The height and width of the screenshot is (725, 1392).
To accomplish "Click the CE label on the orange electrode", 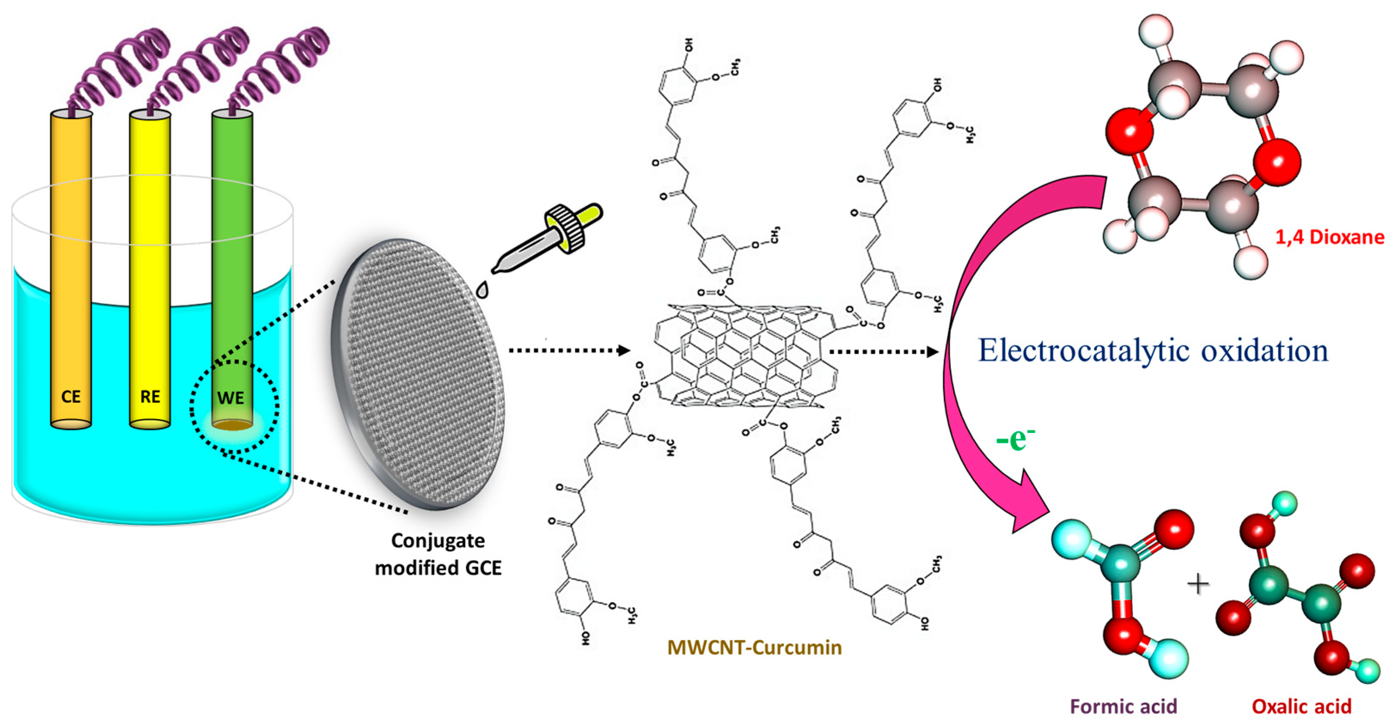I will point(71,397).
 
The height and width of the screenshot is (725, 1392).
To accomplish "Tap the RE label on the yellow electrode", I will point(150,397).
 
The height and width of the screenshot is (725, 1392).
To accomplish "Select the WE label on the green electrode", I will point(231,398).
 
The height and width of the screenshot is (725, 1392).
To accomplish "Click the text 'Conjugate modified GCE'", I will point(438,554).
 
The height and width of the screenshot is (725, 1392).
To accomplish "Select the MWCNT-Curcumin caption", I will point(754,647).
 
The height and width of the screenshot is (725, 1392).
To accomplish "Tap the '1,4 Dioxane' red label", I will point(1330,237).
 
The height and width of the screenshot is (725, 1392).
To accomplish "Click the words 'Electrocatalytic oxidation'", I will point(1153,350).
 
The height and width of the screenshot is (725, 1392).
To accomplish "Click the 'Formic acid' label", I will point(1123,707).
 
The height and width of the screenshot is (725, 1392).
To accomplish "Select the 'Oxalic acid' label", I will point(1302,707).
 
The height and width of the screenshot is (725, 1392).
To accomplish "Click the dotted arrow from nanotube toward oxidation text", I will point(883,352).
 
